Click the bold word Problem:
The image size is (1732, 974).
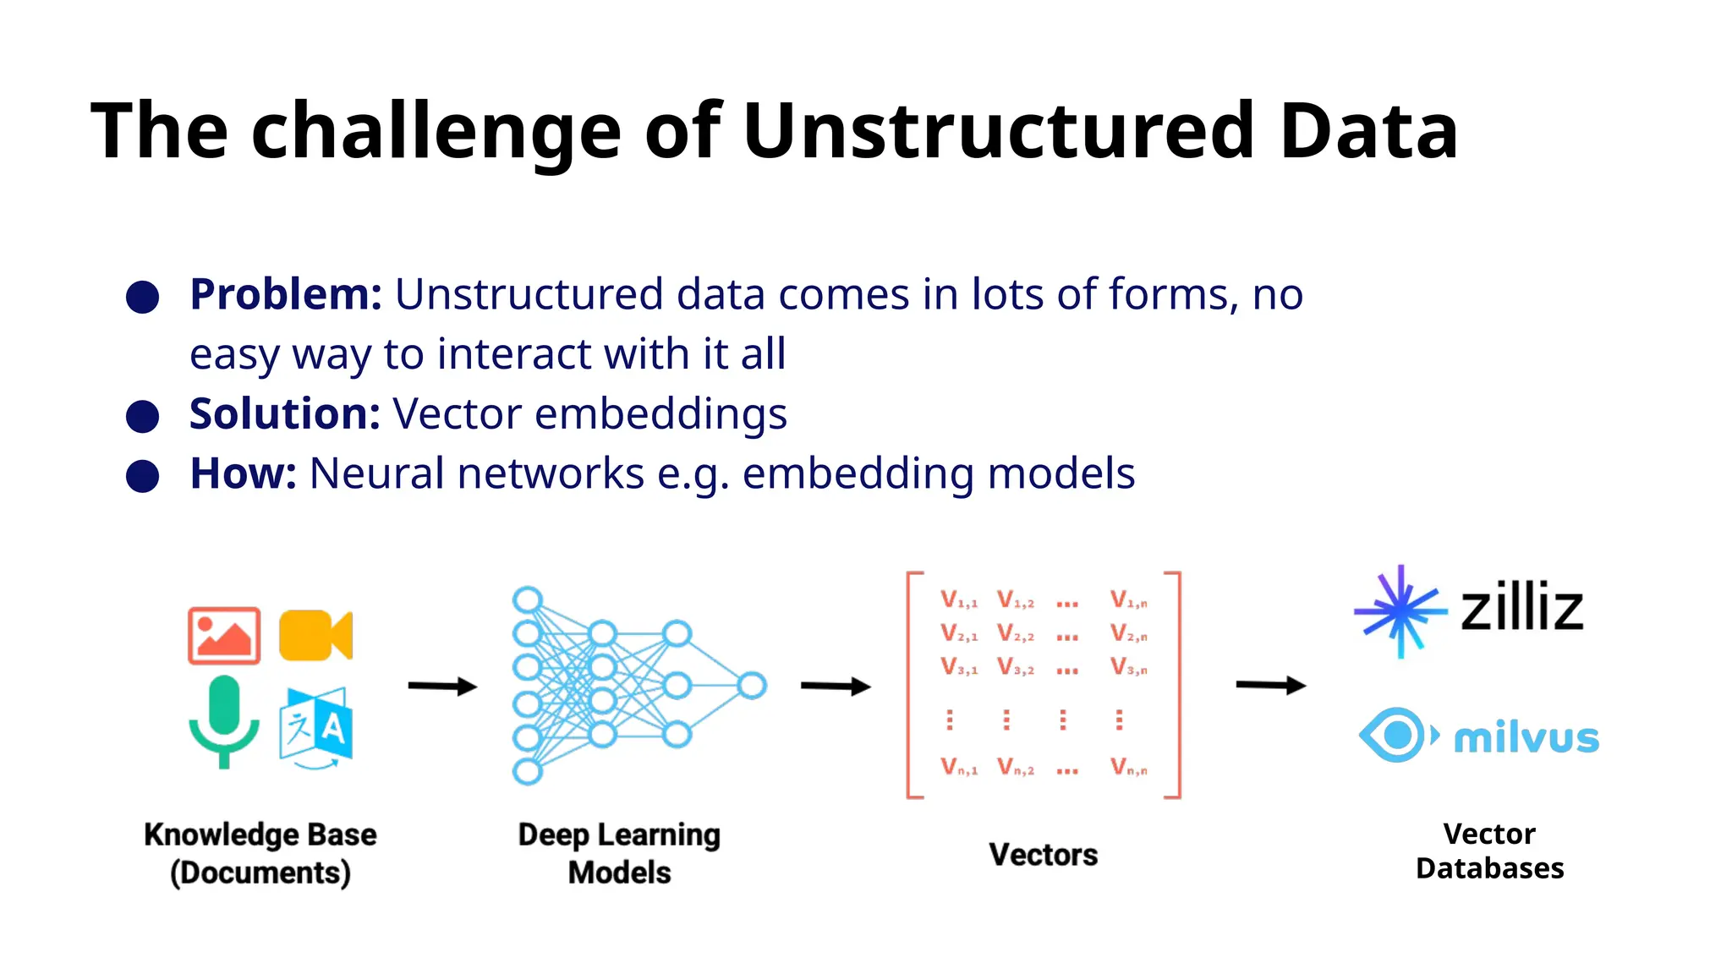[286, 295]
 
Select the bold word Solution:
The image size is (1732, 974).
[285, 414]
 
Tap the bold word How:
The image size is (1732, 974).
[244, 473]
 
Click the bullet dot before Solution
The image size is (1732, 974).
[142, 417]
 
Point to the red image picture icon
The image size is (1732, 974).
[224, 635]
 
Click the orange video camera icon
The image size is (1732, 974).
[315, 635]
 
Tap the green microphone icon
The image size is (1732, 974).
[224, 720]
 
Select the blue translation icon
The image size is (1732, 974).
[315, 726]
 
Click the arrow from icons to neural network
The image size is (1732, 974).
[442, 686]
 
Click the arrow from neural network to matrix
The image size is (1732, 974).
[836, 686]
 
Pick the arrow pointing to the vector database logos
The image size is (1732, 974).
[1270, 685]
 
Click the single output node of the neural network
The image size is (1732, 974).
[751, 685]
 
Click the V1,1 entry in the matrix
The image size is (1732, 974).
[959, 600]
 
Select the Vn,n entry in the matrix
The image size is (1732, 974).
[1129, 768]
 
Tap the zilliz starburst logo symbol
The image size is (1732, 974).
[1400, 610]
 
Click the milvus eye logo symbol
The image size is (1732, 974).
[1396, 735]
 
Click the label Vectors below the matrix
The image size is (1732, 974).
[1043, 855]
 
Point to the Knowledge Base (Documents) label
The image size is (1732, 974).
[260, 853]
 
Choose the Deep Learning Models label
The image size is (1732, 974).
[619, 853]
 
